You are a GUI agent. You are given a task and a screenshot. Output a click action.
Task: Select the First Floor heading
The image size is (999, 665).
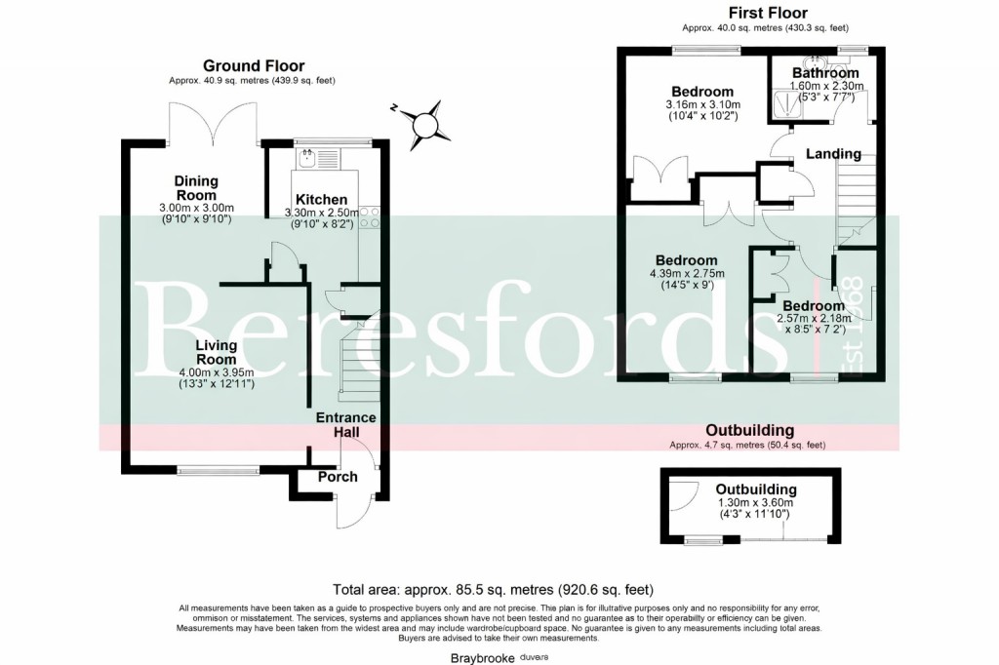coord(768,13)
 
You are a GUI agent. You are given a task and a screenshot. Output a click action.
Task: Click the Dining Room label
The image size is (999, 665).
coord(196,188)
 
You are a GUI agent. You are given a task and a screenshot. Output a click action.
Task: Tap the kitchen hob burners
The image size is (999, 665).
coord(370,216)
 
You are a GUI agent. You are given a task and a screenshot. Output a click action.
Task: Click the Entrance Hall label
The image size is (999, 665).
coord(345,425)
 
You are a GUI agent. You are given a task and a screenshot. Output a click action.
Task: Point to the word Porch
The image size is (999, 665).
coord(338,477)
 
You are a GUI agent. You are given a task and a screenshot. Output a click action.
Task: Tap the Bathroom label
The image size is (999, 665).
coord(825,73)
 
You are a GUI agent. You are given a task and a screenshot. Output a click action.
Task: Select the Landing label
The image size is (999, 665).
coord(832,154)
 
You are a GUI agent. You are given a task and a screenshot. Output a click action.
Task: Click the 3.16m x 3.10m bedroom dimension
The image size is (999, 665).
coord(702,105)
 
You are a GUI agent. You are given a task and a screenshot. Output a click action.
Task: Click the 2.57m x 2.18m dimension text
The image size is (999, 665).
coord(812,318)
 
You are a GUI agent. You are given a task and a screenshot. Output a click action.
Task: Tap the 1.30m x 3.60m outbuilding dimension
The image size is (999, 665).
coord(756,503)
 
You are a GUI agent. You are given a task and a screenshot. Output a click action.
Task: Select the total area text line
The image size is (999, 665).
coord(493,590)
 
